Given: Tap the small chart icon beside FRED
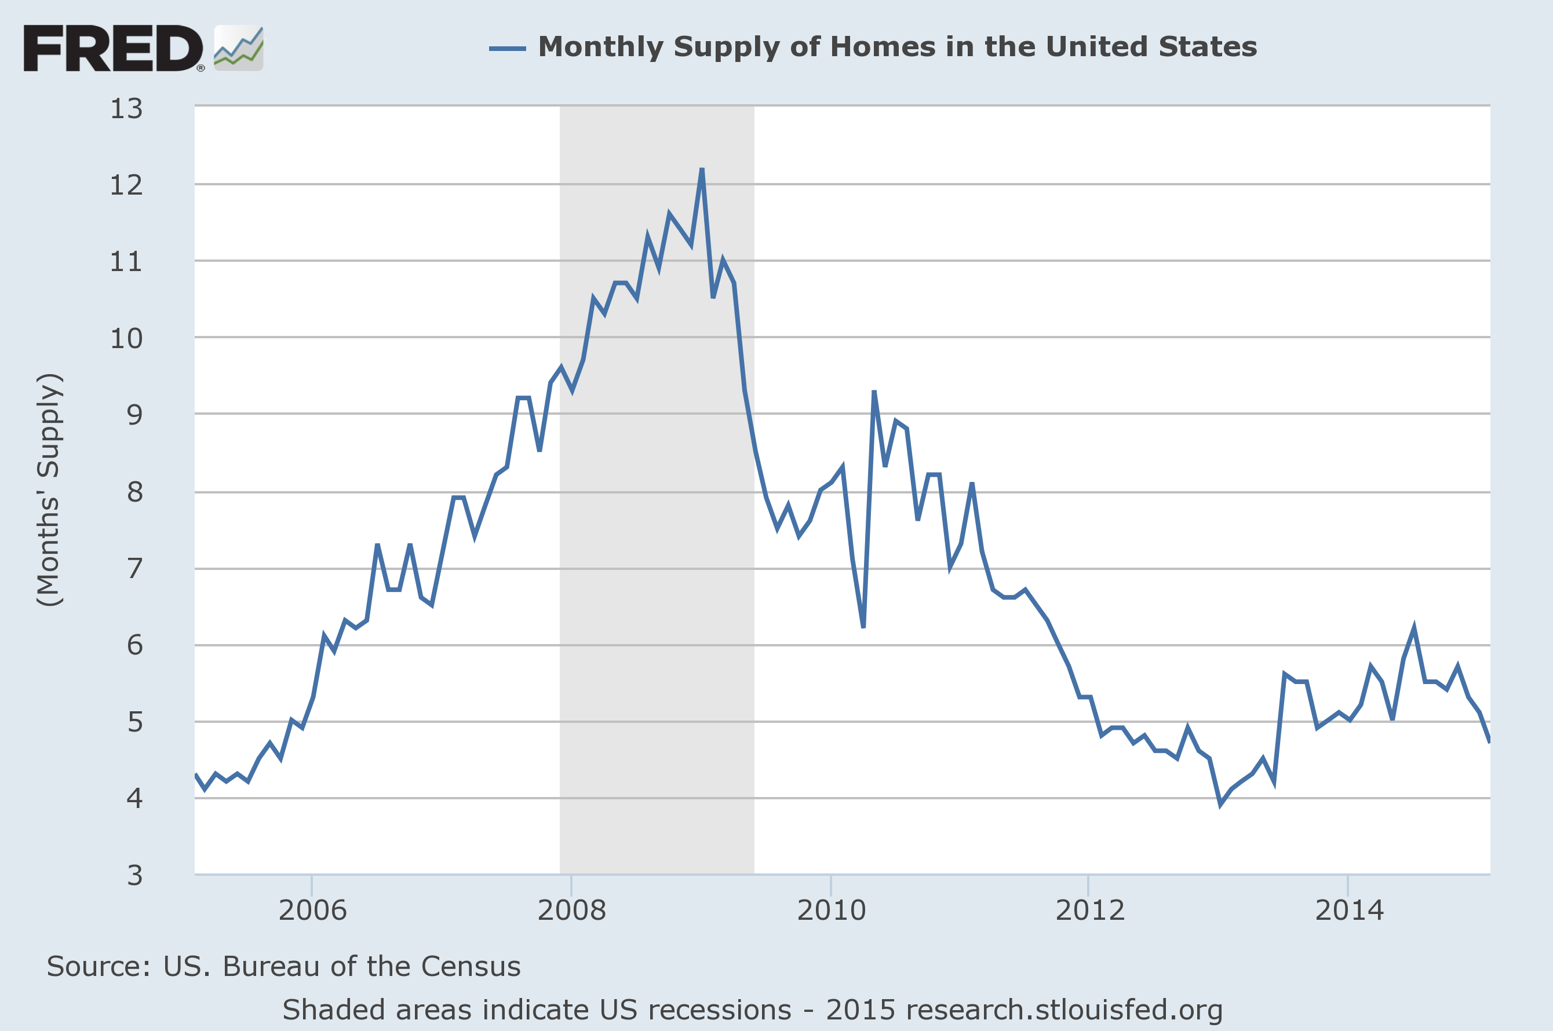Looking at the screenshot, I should click(238, 48).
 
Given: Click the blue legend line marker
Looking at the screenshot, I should click(507, 48).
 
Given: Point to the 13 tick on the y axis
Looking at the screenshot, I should click(126, 108).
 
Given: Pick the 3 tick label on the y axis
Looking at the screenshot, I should click(135, 875).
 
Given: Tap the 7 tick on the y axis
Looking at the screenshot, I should click(135, 568).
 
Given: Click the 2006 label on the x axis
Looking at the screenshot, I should click(312, 911).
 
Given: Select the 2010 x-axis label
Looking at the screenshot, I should click(831, 911).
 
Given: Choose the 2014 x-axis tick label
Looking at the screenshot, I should click(1349, 911).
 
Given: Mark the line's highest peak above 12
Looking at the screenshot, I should click(702, 170).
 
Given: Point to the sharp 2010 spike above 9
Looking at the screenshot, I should click(874, 392).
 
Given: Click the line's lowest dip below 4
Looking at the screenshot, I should click(1221, 804).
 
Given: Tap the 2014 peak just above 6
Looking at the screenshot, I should click(1413, 628).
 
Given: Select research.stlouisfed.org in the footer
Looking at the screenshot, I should click(1063, 1010).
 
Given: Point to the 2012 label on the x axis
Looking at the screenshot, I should click(1090, 911).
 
